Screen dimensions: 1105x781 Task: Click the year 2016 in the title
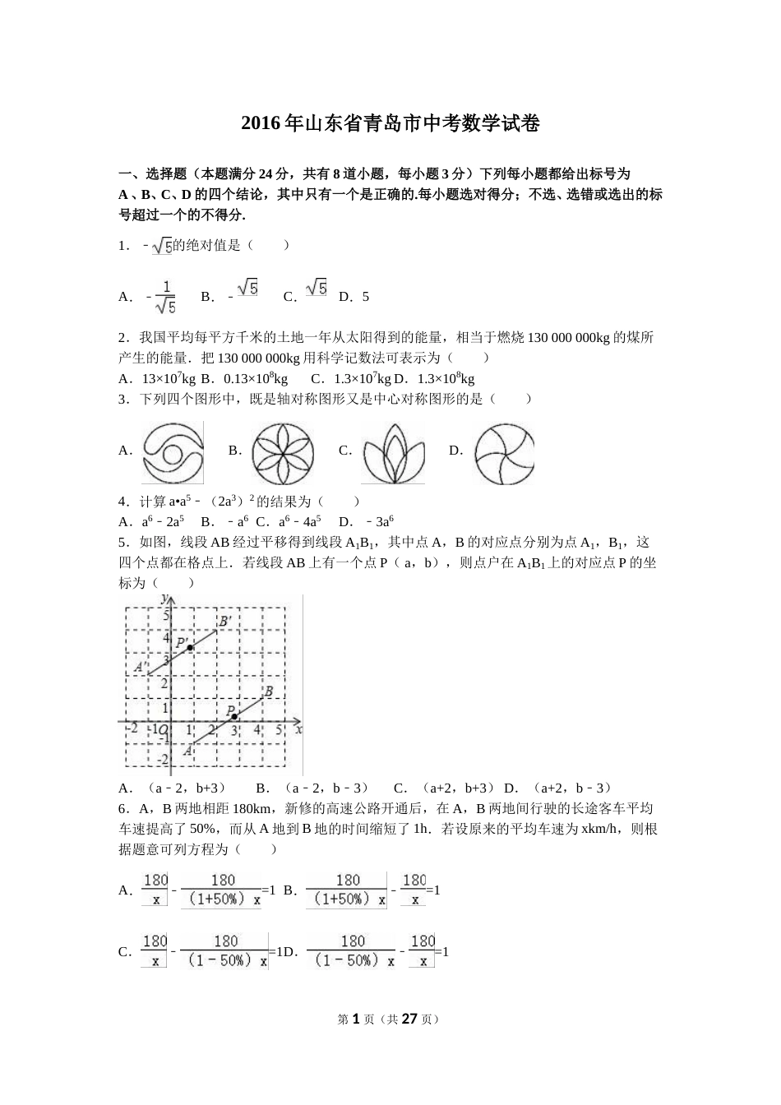pos(261,124)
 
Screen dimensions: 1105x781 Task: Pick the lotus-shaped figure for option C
pos(393,453)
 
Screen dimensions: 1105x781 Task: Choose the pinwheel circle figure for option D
pos(504,452)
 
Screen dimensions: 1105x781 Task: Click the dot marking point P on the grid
pos(235,716)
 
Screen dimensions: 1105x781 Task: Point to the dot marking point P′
pos(190,648)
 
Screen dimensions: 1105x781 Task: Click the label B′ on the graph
pos(224,621)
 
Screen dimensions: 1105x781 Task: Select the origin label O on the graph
pos(164,729)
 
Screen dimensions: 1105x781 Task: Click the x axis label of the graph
pos(298,729)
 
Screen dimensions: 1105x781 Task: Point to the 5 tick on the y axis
pos(165,615)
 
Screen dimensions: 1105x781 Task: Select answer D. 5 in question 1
pos(354,297)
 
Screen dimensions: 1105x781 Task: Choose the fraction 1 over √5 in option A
pos(165,297)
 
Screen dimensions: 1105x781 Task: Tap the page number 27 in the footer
pos(409,1019)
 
